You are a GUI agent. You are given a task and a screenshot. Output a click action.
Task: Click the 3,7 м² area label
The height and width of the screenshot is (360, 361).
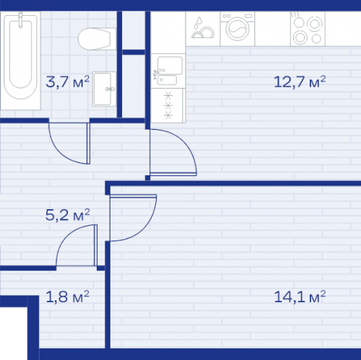point(68,82)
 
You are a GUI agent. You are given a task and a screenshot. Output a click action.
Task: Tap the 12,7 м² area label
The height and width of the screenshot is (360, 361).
point(300,82)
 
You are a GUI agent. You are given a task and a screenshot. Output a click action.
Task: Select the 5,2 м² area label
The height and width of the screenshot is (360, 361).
point(68,215)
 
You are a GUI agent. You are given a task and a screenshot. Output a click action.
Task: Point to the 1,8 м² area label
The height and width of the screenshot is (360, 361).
point(67,297)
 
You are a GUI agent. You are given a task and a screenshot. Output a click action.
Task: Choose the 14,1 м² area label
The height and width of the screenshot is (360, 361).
point(300,297)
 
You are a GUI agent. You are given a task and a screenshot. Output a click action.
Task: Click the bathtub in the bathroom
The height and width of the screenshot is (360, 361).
point(20,61)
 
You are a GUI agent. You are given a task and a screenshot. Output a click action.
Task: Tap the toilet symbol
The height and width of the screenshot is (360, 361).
point(97,39)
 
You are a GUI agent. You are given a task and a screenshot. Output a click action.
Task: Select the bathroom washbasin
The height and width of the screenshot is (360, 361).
point(104,89)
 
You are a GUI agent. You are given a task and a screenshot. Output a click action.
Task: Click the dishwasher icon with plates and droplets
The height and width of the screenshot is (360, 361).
point(203,29)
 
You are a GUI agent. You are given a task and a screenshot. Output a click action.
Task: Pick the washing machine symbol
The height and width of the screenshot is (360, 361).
point(238,29)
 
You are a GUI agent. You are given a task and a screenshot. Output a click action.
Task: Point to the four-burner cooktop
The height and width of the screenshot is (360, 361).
point(308,29)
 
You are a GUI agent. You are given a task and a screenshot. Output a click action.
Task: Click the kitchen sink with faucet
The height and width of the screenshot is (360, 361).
point(168,71)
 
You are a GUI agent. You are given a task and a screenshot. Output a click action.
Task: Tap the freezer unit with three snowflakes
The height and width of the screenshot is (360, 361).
point(168,105)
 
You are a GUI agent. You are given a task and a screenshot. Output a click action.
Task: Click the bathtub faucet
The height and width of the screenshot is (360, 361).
point(20,20)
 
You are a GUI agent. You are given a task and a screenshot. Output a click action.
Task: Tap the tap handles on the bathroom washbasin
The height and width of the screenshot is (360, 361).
point(110,89)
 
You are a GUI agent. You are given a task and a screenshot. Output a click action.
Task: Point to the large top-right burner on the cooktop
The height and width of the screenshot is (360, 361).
point(314,24)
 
